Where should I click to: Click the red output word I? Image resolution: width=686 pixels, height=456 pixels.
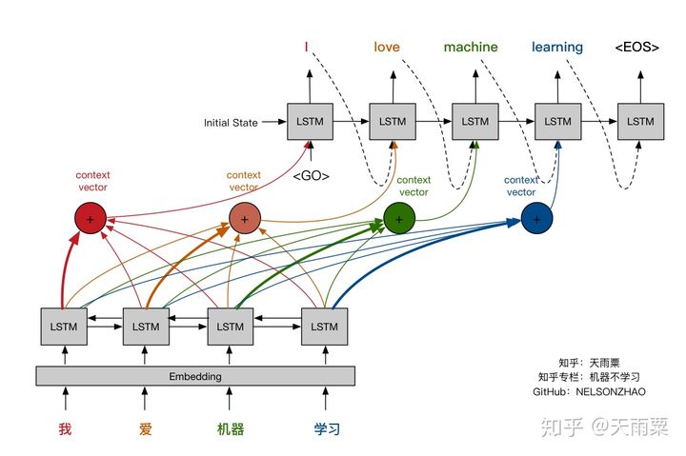tap(306, 47)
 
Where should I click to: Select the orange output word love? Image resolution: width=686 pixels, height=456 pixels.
tap(387, 47)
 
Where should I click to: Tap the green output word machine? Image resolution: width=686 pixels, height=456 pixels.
tap(471, 47)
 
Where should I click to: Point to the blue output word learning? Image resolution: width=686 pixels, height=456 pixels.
tap(557, 47)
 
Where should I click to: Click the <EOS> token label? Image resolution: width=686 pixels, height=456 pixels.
tap(636, 47)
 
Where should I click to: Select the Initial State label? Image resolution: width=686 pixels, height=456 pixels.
tap(231, 123)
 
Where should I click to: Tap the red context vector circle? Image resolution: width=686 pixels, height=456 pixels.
tap(91, 220)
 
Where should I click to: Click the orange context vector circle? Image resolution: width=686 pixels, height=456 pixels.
tap(245, 220)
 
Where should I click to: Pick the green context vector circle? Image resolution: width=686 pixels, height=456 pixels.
tap(400, 220)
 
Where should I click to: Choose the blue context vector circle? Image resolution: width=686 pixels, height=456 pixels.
tap(537, 220)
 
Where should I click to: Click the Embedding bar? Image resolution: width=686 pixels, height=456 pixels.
tap(195, 376)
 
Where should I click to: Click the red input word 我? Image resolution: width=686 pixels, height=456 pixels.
tap(65, 428)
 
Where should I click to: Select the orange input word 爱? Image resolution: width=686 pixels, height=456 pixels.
tap(145, 428)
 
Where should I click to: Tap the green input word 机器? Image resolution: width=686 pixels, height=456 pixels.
tap(230, 428)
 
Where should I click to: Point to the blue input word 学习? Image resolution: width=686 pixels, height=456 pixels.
tap(327, 428)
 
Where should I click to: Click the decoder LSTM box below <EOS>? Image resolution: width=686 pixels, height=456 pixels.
tap(640, 122)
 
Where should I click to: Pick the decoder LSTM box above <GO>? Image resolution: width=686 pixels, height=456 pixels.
tap(311, 122)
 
